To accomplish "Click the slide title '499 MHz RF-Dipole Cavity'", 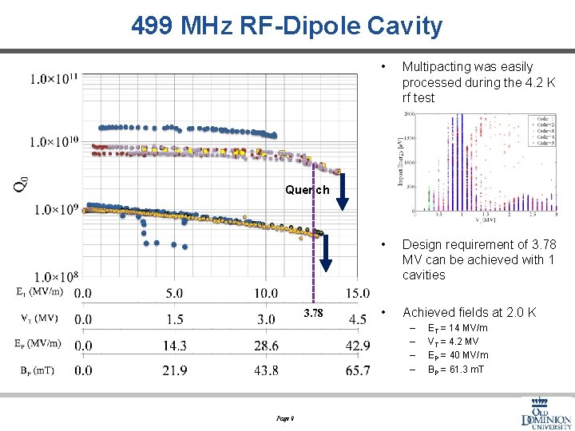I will (x=287, y=26).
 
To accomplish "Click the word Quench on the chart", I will (x=307, y=190).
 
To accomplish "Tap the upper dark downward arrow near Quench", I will (x=342, y=192).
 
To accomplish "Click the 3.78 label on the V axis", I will (x=313, y=314).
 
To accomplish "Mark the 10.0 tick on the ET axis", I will (x=266, y=294).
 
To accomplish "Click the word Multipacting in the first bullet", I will (x=434, y=67).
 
